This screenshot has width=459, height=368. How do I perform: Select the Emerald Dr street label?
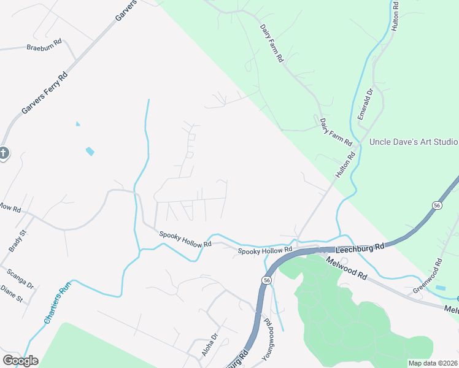366,104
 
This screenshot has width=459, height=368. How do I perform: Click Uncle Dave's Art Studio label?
414,142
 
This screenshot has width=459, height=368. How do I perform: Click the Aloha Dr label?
210,345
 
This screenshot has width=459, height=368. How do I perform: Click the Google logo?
20,361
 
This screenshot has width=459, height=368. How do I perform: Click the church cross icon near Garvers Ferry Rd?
4,153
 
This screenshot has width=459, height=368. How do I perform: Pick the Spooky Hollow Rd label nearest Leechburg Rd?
265,251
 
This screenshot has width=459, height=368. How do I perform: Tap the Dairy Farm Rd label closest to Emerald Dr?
336,132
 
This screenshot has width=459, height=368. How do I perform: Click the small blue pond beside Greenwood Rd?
440,287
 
